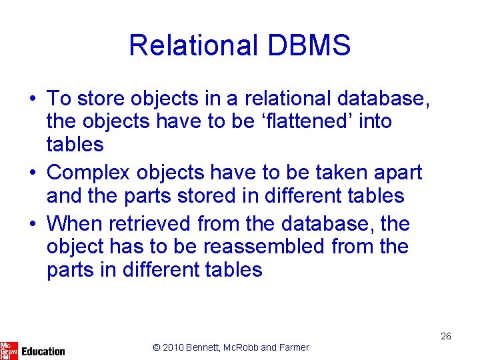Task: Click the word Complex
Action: click(89, 172)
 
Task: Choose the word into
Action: click(376, 121)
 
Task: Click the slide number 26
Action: click(445, 336)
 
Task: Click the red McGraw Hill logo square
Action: click(9, 350)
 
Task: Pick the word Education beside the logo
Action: click(43, 351)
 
